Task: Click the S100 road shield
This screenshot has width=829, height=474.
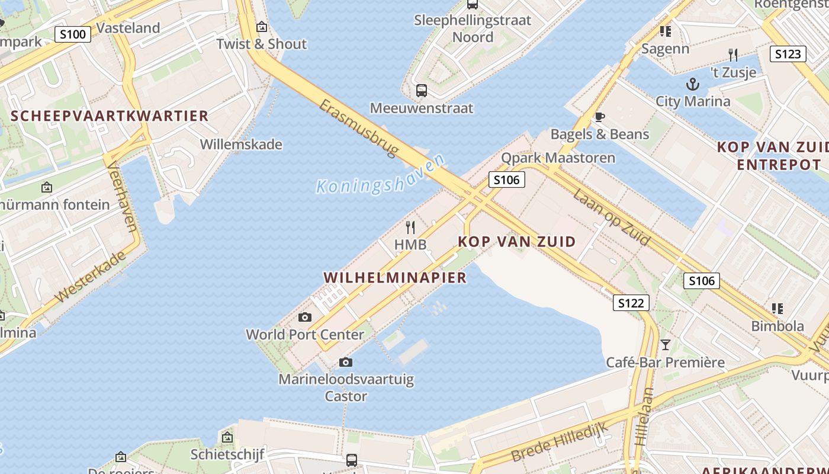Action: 73,34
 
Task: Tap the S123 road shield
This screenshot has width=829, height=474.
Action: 788,54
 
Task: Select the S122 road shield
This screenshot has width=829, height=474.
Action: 631,303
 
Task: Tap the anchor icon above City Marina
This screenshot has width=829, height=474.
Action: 692,84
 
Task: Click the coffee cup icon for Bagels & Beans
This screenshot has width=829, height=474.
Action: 599,117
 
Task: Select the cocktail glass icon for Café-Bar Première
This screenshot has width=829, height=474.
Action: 666,344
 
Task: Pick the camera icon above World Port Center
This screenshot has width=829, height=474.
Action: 305,317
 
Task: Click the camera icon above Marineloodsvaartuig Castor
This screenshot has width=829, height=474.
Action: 346,362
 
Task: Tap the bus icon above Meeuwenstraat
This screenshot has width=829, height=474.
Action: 422,91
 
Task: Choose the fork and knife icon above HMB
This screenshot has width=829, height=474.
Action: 410,227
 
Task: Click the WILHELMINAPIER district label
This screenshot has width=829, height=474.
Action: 395,277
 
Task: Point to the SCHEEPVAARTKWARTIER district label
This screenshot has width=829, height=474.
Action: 110,116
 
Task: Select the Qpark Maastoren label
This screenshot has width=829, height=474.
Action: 558,158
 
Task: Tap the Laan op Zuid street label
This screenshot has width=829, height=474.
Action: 612,217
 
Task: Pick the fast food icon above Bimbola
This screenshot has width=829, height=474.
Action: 777,308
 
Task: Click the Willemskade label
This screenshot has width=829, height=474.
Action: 241,144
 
